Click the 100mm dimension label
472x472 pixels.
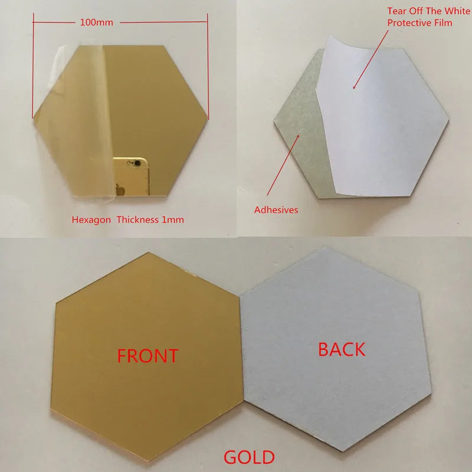coord(97,22)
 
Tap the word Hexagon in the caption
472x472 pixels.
coord(91,219)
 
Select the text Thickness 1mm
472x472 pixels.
coord(150,219)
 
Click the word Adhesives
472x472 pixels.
coord(276,210)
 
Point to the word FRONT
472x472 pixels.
coord(148,356)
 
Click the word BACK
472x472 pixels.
coord(342,349)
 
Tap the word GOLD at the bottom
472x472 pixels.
coord(249,457)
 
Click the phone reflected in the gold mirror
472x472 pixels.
coord(131,176)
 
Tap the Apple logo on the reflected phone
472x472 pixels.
coord(120,190)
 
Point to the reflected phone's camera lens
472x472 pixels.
coord(137,163)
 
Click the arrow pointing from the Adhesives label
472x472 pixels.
coord(283,165)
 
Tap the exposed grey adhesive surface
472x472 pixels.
coord(301,126)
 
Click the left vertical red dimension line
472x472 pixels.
coord(33,65)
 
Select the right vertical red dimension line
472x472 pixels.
coord(208,65)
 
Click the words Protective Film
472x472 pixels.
coord(419,23)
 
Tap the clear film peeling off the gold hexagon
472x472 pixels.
coord(76,120)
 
